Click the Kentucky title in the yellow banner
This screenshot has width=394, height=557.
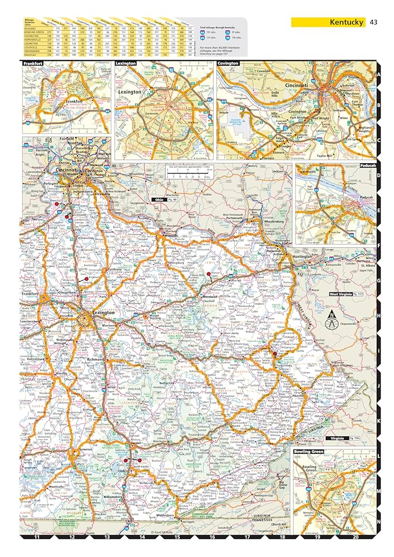[x=347, y=22]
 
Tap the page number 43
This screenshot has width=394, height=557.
[x=373, y=22]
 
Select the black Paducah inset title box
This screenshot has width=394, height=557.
[x=367, y=165]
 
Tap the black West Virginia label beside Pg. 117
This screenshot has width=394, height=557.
[x=341, y=294]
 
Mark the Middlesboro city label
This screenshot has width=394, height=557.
[x=165, y=515]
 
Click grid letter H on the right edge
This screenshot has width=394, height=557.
[x=378, y=316]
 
